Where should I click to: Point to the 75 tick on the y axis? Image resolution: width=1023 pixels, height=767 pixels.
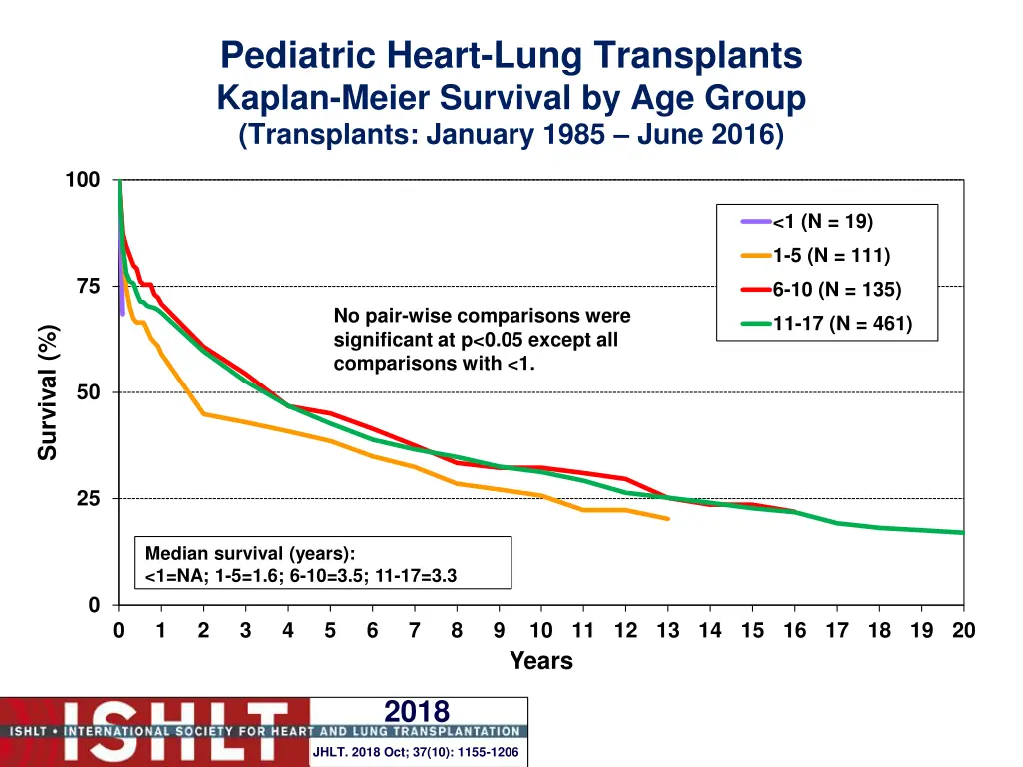pos(88,287)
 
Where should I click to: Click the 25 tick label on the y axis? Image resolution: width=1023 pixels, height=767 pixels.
pos(88,499)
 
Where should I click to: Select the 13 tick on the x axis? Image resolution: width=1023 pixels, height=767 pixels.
pos(668,630)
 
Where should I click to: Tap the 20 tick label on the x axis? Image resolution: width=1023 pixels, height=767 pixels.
pos(963,630)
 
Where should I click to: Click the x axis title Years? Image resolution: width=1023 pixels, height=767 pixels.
pos(540,661)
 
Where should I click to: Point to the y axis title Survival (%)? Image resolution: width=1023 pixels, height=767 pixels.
pos(48,392)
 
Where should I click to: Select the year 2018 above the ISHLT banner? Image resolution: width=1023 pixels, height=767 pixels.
pos(417,711)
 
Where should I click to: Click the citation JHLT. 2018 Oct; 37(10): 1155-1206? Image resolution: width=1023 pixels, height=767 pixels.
pos(416,752)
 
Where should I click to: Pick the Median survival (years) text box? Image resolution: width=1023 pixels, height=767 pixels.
pos(323,564)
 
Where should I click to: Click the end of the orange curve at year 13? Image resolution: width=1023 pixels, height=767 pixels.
pos(668,519)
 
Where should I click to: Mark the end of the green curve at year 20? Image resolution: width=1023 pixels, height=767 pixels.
pos(963,533)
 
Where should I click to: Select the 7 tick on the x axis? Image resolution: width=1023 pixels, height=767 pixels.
pos(415,630)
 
